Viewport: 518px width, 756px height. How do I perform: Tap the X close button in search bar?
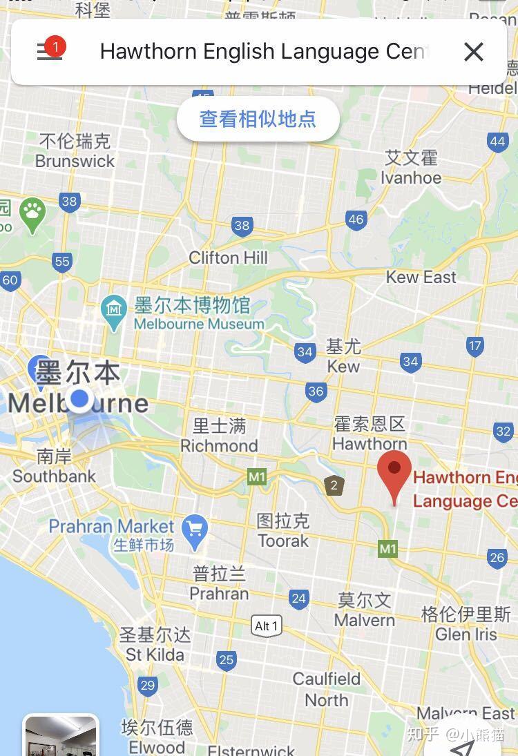click(473, 52)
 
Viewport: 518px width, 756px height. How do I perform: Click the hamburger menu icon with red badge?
click(50, 51)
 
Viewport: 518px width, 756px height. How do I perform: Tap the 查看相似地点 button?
click(258, 119)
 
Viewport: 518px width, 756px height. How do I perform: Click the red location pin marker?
click(394, 474)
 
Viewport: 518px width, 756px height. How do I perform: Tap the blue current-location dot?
click(80, 398)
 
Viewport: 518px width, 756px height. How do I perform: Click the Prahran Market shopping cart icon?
click(194, 529)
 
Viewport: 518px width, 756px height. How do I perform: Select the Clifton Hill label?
click(228, 258)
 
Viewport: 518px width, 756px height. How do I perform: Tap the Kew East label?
click(421, 277)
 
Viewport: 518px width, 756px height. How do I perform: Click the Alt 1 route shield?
click(266, 626)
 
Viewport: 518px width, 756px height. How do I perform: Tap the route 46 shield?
click(356, 220)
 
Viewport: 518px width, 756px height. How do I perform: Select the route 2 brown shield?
click(334, 485)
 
